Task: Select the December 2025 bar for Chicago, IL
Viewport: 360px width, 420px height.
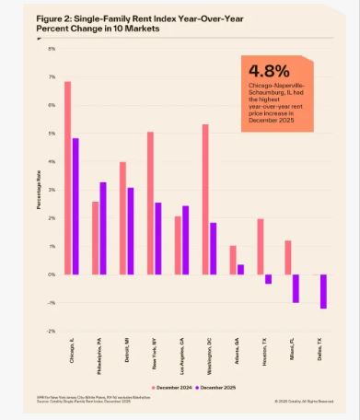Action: tap(75, 206)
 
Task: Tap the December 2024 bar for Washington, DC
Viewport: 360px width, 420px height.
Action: tap(205, 199)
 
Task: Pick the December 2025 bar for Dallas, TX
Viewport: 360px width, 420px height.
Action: tap(323, 291)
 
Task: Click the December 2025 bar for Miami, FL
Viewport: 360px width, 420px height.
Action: tap(296, 288)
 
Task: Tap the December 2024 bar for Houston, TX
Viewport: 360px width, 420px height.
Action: tap(261, 246)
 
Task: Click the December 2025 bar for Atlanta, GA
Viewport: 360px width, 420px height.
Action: tap(240, 269)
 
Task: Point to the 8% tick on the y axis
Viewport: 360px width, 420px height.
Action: tap(52, 49)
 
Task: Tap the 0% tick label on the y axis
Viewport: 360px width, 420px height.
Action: tap(52, 274)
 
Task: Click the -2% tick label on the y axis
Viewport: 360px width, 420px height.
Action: tap(52, 331)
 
